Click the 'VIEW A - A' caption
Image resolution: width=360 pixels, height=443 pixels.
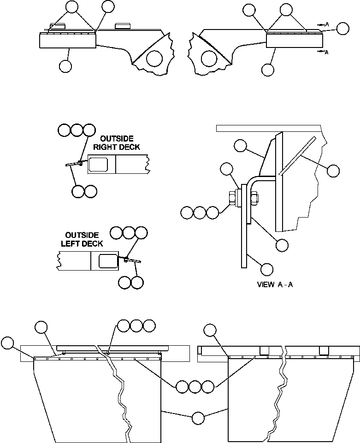click(275, 284)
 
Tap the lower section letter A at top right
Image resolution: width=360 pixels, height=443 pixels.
click(326, 52)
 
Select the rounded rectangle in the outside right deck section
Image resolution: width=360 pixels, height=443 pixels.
click(99, 164)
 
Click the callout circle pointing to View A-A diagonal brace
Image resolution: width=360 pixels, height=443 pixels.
click(334, 171)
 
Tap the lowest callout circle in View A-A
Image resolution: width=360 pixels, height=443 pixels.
click(267, 269)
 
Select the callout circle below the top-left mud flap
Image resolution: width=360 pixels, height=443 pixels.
click(65, 66)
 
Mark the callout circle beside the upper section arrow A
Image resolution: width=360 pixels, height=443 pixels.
click(342, 29)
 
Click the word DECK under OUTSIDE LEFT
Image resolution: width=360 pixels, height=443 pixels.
click(93, 243)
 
